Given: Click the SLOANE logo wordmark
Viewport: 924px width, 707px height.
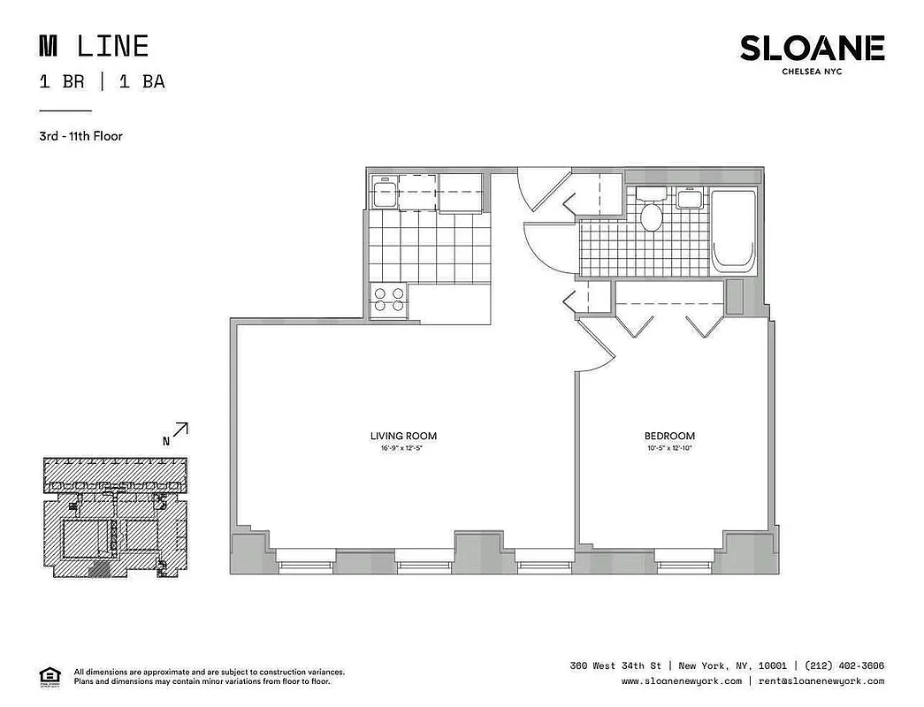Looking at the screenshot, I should coord(812,49).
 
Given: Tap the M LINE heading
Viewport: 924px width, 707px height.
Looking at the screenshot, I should coord(94,46).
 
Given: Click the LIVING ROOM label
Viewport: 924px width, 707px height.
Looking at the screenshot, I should coord(403,436).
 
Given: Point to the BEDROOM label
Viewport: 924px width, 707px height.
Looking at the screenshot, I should coord(668,436).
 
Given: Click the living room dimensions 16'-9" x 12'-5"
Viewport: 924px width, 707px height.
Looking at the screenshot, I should coord(403,448).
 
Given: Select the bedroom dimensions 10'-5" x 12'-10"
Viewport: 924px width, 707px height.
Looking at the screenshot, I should coord(668,448).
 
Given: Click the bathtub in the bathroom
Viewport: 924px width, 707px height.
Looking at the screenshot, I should coord(734,231).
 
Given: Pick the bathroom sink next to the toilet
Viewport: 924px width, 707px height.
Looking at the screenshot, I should coord(690,198).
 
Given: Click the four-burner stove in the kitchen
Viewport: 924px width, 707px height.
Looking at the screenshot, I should coord(389,300).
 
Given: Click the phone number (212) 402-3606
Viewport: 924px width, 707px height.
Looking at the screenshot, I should coord(844,665).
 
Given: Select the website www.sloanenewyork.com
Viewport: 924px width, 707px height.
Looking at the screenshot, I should coord(681,681).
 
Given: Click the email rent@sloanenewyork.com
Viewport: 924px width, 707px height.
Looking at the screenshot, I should coord(820,681).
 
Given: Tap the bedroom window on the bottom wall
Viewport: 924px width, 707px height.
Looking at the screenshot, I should coord(685,558).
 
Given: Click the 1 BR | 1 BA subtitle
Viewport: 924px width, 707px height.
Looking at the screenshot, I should coord(102,82).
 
